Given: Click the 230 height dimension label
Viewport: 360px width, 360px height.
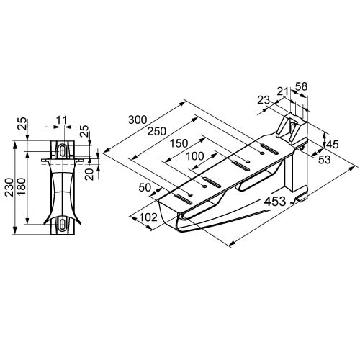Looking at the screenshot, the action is [x=9, y=187].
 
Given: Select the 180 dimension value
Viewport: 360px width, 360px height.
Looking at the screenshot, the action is [x=22, y=187].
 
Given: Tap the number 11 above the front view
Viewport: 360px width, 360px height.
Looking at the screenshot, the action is [x=62, y=120].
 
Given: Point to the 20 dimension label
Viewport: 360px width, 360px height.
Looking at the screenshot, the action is [x=91, y=174].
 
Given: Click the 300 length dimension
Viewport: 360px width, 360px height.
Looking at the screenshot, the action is [x=138, y=120].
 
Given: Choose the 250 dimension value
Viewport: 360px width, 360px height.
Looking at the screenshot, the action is [x=156, y=131].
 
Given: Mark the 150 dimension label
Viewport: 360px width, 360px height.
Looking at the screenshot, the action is [x=179, y=143].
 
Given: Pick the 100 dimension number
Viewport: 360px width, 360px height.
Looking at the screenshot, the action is [x=195, y=156].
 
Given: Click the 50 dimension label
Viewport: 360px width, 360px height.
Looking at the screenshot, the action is [x=145, y=187].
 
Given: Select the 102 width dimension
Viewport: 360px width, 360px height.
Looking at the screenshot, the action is [x=148, y=217].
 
